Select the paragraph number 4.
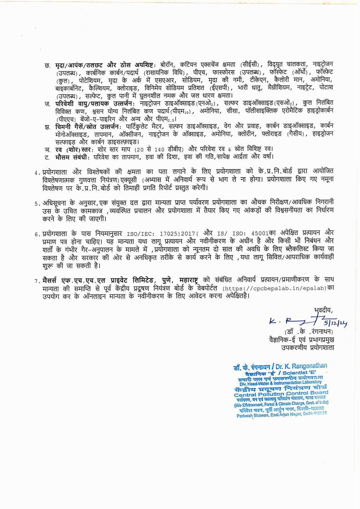point(37,173)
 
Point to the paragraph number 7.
point(37,281)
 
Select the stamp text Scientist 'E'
point(299,373)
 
